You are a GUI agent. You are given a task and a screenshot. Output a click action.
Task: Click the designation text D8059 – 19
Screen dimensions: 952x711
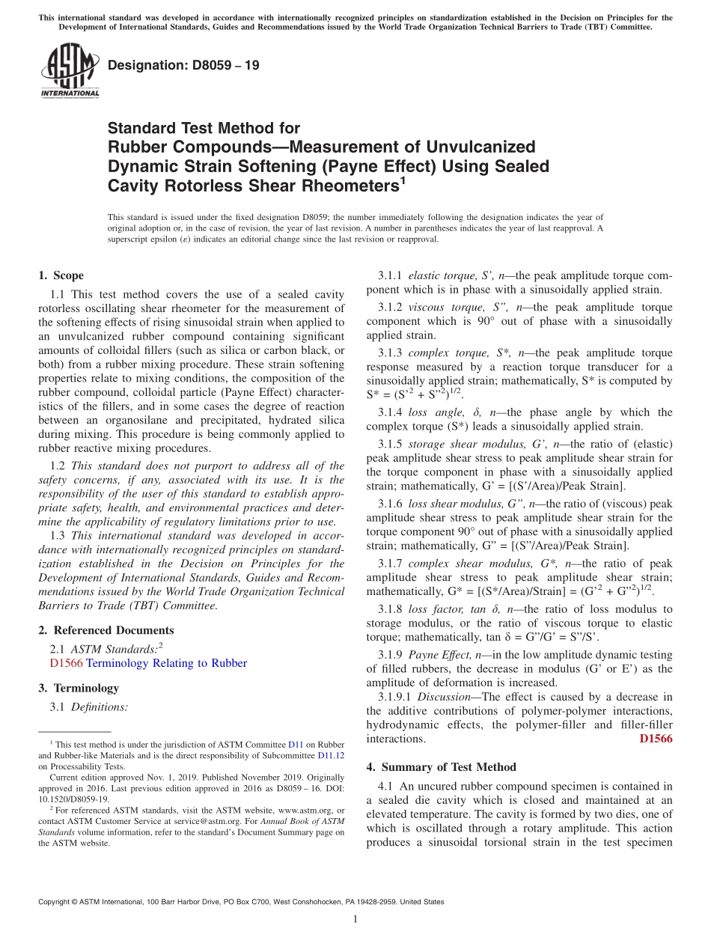183,65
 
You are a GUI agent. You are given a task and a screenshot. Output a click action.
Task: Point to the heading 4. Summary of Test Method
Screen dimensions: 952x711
441,767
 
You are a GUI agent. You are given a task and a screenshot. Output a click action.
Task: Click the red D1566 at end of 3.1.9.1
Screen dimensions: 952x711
656,739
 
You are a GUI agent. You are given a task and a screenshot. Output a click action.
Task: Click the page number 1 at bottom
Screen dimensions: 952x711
355,920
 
